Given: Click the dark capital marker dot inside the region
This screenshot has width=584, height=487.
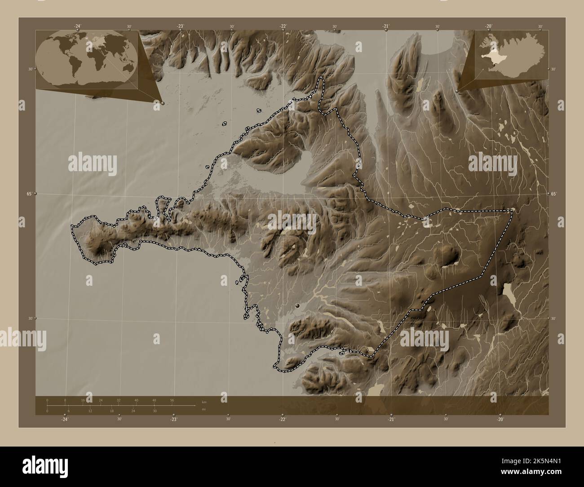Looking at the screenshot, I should point(297,305).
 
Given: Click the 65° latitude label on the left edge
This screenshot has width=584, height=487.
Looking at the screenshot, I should point(29,194).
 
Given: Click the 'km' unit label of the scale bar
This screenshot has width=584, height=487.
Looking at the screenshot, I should point(204,402).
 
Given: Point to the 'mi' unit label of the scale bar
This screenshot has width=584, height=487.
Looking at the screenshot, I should point(204,409).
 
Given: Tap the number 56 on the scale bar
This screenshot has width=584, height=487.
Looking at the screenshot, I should point(172,400).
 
